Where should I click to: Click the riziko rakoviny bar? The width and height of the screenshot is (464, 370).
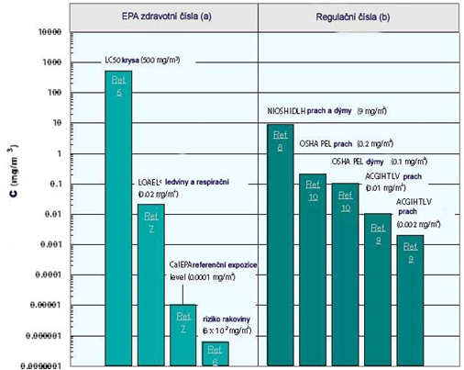[215, 354]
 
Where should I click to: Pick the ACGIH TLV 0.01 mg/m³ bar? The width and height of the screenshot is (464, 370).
[377, 290]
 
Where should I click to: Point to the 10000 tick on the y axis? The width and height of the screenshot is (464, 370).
[47, 32]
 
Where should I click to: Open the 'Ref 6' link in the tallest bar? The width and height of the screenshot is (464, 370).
[119, 88]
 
